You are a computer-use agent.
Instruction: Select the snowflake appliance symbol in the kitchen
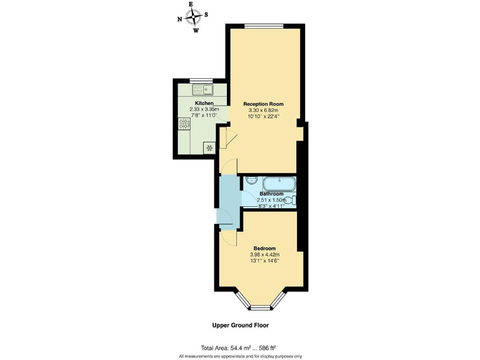coord(208,148)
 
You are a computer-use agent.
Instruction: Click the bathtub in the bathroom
coord(279,183)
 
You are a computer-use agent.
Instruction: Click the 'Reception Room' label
coord(264,104)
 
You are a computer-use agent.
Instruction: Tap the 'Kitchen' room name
coord(204,103)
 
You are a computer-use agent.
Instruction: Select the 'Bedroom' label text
coord(264,248)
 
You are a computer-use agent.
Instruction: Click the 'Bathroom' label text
coord(271,194)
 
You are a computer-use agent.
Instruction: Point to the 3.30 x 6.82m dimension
coord(264,110)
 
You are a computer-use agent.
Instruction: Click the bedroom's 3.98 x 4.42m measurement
coord(264,255)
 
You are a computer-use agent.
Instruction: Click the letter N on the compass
coord(180,19)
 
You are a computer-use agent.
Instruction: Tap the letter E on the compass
coord(191,4)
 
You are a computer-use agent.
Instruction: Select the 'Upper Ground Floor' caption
coord(241,325)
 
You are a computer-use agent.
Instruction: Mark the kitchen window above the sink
coord(201,79)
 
